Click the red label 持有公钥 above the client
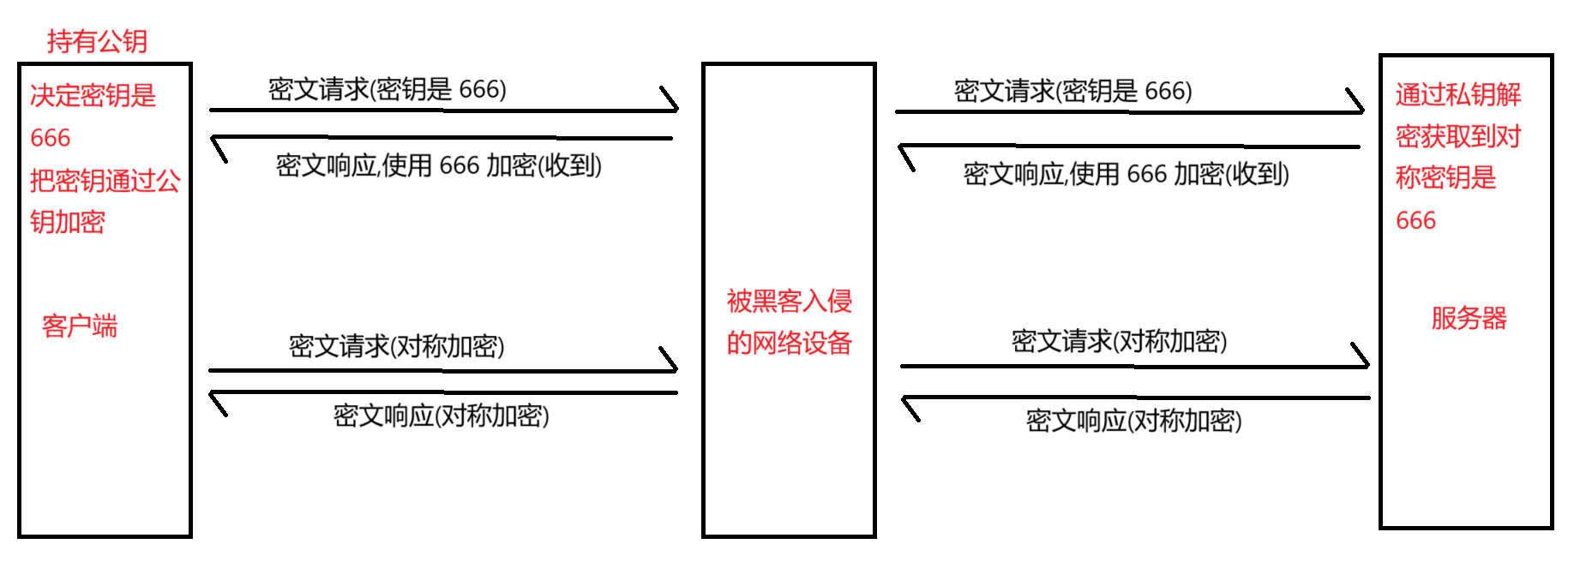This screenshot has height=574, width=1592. (97, 41)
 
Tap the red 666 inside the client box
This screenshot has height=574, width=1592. (51, 138)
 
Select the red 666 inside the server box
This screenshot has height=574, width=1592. (1415, 221)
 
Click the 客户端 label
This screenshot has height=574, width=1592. (80, 326)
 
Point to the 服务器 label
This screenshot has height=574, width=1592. (1469, 319)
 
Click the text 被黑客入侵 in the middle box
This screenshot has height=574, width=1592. (789, 302)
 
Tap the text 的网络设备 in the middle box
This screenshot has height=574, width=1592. (789, 344)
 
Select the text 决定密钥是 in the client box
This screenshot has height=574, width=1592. (93, 95)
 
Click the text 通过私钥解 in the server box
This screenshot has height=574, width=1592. (1457, 94)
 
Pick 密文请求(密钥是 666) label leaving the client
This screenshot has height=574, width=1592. (387, 89)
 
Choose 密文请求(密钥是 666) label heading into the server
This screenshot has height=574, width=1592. (1073, 91)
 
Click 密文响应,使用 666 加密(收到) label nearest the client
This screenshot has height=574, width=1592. (439, 165)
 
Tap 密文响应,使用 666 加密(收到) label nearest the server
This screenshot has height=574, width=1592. (1126, 174)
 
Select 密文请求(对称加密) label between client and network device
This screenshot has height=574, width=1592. (397, 346)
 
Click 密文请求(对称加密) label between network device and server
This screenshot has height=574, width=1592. (1120, 341)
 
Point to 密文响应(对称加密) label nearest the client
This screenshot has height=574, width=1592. (442, 416)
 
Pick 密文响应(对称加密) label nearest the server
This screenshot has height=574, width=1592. (1134, 421)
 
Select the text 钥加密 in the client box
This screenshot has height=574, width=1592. (68, 223)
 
